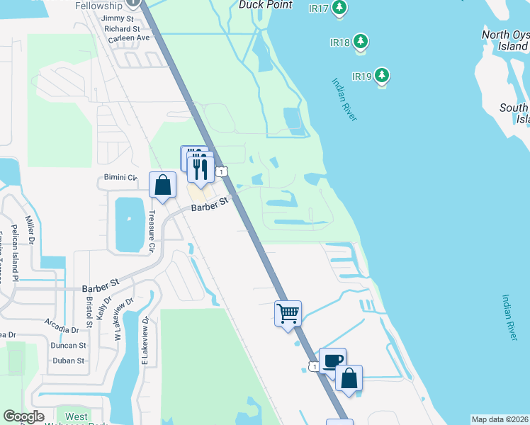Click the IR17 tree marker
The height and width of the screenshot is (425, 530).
tap(340, 8)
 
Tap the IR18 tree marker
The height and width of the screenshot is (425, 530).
tap(361, 42)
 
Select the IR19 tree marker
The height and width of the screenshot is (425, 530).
tap(383, 75)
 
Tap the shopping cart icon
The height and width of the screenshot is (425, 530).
tap(288, 312)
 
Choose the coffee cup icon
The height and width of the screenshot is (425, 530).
tap(332, 360)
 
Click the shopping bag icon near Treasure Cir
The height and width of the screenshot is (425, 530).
tap(163, 185)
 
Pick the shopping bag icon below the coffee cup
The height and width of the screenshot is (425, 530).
tap(349, 378)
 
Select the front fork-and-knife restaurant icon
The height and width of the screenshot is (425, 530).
tap(201, 170)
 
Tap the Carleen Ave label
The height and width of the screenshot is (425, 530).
tap(128, 39)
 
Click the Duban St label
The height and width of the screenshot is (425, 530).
tap(68, 361)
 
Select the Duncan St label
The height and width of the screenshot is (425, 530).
tap(68, 346)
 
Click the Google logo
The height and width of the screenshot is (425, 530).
tap(23, 416)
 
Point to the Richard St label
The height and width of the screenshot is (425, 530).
tap(121, 28)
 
